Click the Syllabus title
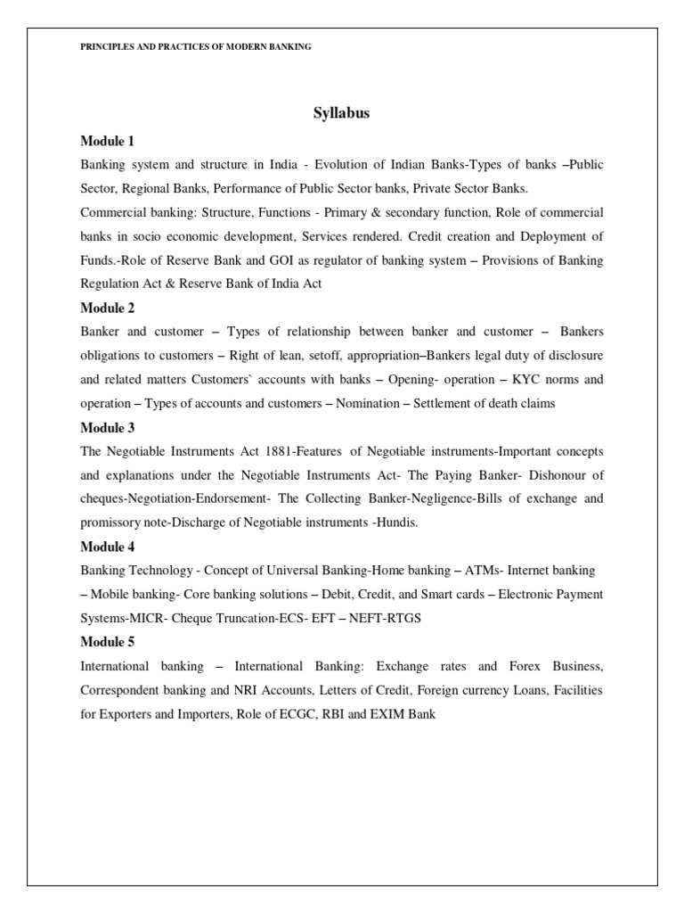(x=341, y=113)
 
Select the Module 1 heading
(x=107, y=142)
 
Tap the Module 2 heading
(x=107, y=308)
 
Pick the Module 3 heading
(x=107, y=427)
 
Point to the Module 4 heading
(x=107, y=546)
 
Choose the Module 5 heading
(x=107, y=641)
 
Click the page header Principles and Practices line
(x=196, y=46)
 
